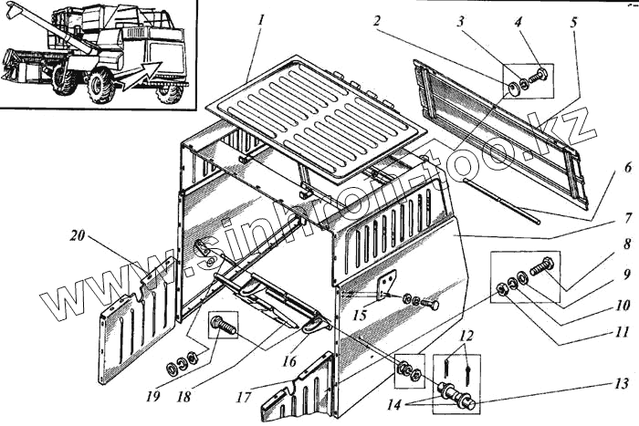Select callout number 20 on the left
click(79, 235)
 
